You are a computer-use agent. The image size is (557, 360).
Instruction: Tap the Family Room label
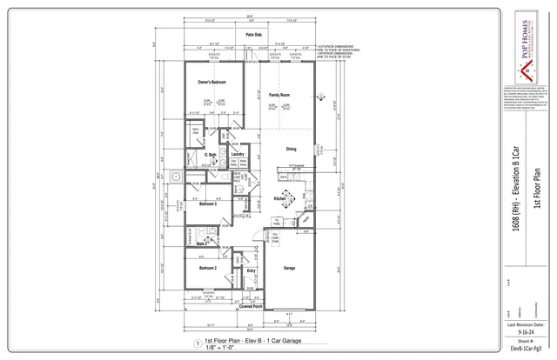click(278, 94)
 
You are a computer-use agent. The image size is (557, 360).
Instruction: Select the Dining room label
click(291, 149)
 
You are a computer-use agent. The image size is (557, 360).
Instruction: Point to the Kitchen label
click(280, 198)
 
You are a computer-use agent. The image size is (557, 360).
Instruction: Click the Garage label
click(289, 269)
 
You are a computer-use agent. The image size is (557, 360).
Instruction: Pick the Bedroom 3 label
click(208, 204)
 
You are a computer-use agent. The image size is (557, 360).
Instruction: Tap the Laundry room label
click(238, 154)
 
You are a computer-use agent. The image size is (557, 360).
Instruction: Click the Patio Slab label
click(254, 35)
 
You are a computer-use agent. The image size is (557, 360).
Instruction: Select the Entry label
click(251, 271)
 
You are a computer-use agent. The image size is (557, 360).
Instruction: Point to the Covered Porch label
click(252, 306)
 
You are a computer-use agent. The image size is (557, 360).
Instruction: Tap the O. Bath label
click(210, 155)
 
